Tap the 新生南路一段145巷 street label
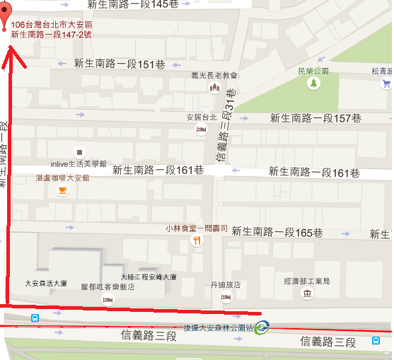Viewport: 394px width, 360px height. (x=134, y=4)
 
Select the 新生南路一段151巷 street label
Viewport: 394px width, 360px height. (x=120, y=64)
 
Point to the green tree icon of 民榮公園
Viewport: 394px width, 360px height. (x=313, y=83)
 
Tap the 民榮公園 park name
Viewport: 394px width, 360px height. (x=313, y=71)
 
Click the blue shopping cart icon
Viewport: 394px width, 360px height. (x=386, y=83)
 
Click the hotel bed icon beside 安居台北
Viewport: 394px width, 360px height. (x=201, y=129)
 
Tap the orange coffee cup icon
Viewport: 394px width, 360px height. (x=63, y=190)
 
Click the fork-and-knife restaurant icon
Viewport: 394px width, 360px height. (x=197, y=240)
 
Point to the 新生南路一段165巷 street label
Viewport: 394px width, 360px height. (x=278, y=233)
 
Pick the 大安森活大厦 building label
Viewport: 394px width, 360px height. (x=46, y=284)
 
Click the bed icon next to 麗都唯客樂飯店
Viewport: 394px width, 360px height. (x=108, y=300)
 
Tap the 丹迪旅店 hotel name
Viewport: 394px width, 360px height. (x=226, y=285)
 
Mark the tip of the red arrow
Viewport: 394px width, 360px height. (x=8, y=48)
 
